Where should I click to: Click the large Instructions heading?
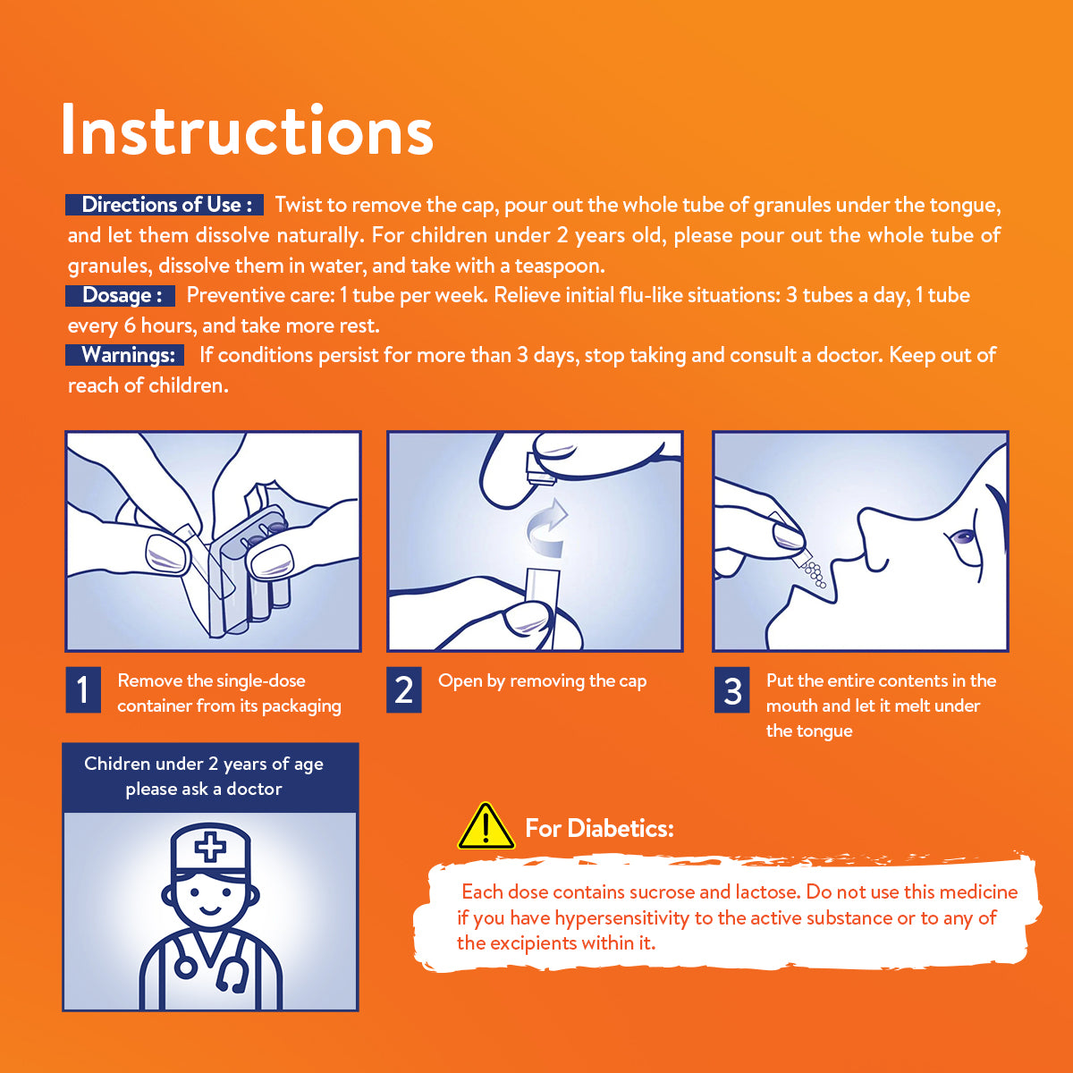247,129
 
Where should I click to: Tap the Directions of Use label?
165,205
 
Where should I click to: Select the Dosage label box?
121,295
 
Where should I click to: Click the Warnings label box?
124,355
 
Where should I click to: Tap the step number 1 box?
83,689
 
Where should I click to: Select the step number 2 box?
403,689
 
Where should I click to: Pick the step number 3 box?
731,689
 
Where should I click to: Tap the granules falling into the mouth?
815,574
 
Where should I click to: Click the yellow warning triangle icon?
486,827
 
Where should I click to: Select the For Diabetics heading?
600,829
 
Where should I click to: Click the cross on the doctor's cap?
210,847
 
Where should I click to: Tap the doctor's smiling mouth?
210,911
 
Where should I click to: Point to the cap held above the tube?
541,468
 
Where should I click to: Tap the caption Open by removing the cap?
543,681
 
